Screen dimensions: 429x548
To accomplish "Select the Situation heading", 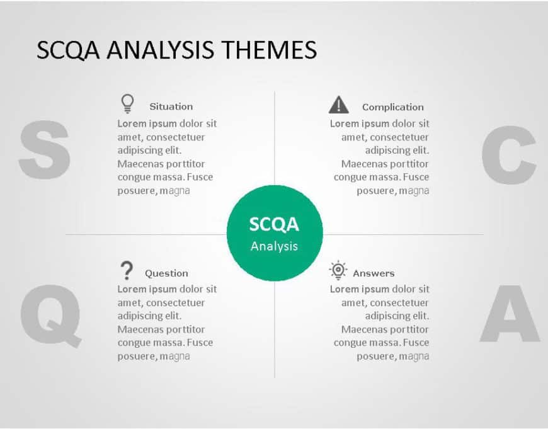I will pos(171,107).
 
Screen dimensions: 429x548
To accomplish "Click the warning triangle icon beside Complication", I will pos(339,105).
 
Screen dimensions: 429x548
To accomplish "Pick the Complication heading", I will pos(392,107).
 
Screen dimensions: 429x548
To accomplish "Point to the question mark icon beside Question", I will pos(127,270).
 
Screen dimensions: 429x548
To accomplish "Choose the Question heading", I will pos(166,273).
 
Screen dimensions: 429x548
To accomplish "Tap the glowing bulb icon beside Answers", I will pos(338,270).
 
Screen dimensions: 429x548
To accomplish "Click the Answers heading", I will pos(374,273).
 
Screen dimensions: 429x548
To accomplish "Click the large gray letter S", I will pos(43,151).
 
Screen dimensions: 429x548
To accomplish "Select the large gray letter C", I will pos(509,155).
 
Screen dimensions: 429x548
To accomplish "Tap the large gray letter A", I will pos(510,314).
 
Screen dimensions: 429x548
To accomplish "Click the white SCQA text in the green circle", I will pos(274,224).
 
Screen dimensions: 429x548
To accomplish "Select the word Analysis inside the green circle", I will pos(274,246).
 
